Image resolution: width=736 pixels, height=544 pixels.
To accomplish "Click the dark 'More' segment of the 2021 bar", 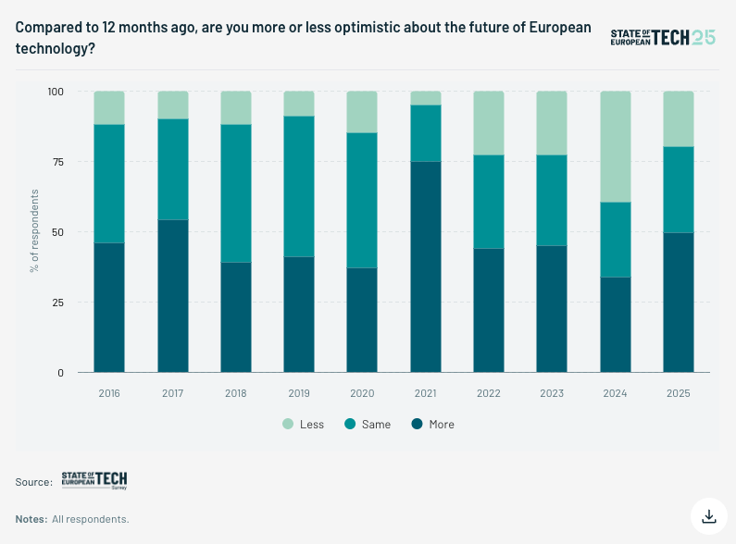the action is tap(426, 266).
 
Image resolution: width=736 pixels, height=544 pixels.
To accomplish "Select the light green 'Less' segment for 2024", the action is tap(616, 147).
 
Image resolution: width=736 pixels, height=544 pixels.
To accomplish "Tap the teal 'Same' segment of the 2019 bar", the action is tap(299, 186).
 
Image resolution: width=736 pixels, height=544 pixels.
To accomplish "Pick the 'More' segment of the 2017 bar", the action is tap(173, 296).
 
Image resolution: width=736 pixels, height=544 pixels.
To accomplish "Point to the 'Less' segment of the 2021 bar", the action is tap(426, 98).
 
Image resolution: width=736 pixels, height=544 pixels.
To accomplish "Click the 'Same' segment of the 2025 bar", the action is tap(679, 190).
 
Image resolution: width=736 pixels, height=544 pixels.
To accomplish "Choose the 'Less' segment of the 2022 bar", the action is tap(489, 123).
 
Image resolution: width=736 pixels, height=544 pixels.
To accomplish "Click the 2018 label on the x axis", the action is tap(236, 393).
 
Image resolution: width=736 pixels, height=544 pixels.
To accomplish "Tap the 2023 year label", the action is tap(552, 393).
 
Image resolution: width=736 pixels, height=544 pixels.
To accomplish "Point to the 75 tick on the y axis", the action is tap(58, 162).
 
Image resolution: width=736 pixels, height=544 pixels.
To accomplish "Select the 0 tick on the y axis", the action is tap(60, 373).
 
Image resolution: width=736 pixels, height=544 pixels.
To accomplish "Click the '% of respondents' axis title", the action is tap(34, 230).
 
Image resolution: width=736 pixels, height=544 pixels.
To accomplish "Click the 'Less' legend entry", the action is tap(304, 425).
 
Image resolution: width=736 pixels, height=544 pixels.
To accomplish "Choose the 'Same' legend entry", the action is tap(368, 425).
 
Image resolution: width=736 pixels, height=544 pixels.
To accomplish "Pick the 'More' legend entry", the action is tap(432, 425).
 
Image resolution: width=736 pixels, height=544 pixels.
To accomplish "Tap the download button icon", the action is tap(709, 516).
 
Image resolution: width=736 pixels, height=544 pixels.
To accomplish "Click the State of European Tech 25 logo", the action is tap(663, 38).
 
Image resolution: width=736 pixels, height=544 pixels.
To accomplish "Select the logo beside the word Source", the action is tap(94, 481).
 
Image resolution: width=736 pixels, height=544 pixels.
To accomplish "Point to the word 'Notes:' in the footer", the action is tap(31, 519).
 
